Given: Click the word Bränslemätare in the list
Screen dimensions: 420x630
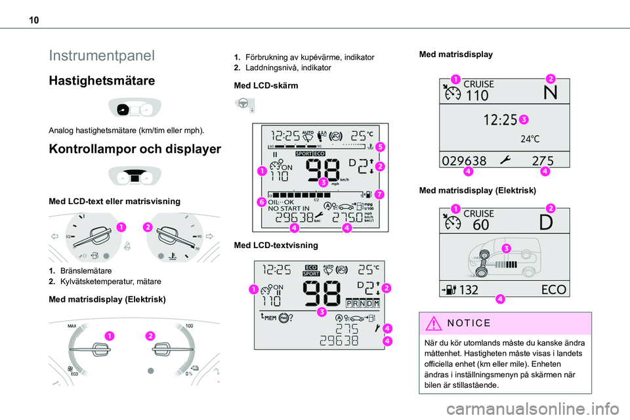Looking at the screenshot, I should pyautogui.click(x=86, y=270).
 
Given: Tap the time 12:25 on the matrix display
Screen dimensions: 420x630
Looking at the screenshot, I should pyautogui.click(x=501, y=120).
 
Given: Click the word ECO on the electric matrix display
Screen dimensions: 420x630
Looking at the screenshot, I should pyautogui.click(x=555, y=289).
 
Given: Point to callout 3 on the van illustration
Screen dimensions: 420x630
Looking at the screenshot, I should pyautogui.click(x=506, y=247).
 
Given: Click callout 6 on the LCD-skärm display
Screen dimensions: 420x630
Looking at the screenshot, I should pyautogui.click(x=261, y=203).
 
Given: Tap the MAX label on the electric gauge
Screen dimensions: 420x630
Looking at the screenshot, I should pyautogui.click(x=72, y=325).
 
